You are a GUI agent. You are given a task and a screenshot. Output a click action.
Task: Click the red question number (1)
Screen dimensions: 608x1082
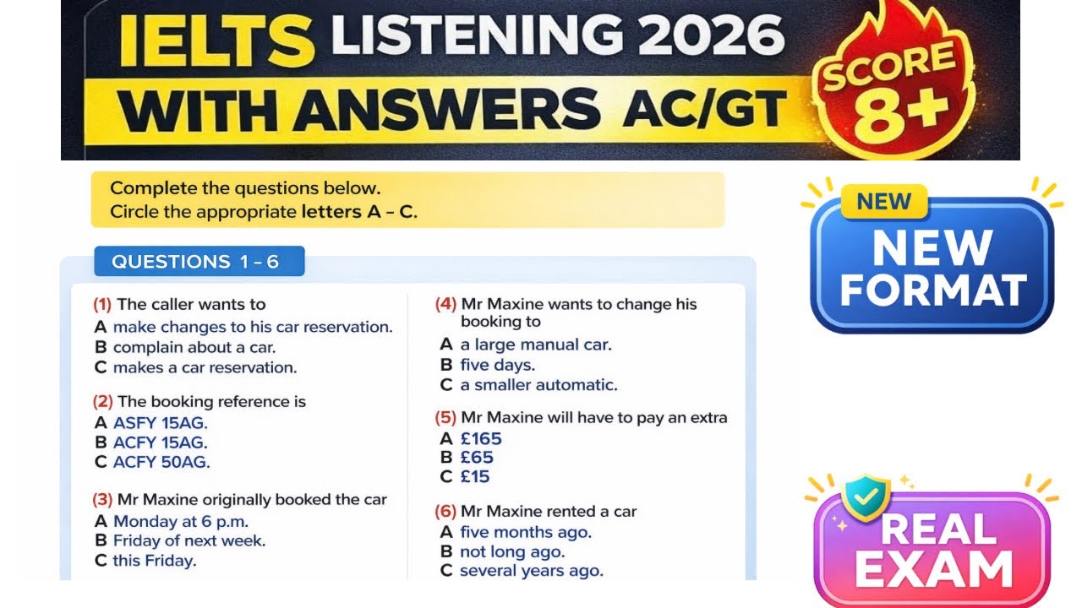[102, 305]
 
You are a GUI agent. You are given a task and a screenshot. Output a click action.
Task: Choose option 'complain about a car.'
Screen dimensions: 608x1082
[194, 347]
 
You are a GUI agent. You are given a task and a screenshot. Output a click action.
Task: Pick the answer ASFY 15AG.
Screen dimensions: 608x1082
[161, 422]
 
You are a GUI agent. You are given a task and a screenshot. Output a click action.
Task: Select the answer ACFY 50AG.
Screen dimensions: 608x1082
[161, 462]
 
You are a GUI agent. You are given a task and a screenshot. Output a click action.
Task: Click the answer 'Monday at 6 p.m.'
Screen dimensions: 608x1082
[181, 521]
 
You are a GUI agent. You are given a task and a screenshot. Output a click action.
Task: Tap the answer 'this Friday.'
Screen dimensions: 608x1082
[155, 561]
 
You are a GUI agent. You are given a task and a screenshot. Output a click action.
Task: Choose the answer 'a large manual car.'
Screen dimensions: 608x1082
[536, 345]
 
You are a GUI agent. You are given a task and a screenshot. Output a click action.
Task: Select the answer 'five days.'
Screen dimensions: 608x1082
[498, 365]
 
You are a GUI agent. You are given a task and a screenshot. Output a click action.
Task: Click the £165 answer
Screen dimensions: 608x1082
[481, 438]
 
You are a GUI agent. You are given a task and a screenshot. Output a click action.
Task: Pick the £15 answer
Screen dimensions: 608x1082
[475, 476]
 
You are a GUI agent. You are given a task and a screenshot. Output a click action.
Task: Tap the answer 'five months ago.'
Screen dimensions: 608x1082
[526, 532]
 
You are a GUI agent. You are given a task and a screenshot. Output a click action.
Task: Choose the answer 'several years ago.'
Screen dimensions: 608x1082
[532, 571]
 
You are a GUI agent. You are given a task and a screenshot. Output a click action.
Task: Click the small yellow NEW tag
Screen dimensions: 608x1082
[883, 202]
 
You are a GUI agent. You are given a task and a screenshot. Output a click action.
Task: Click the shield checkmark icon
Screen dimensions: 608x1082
[866, 497]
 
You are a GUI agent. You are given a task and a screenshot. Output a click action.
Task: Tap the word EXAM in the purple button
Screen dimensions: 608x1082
[932, 568]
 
